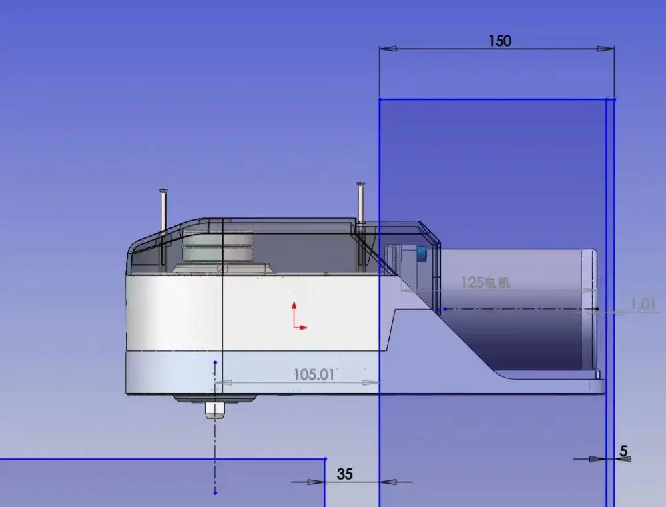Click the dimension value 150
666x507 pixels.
[500, 41]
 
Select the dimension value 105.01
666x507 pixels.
[314, 374]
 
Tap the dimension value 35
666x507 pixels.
[344, 474]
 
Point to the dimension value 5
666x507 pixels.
[623, 450]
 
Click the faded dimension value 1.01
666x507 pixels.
[643, 304]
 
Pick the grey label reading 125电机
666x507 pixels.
[485, 282]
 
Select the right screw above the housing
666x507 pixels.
[360, 203]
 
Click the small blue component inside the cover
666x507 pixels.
[422, 254]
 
